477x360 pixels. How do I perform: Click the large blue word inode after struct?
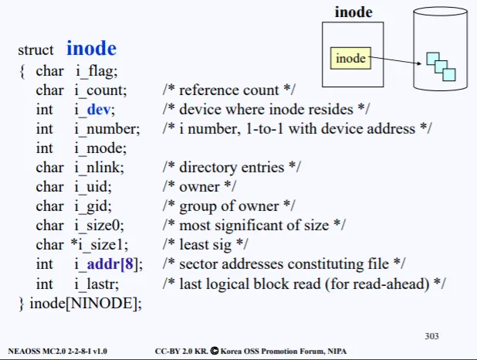pyautogui.click(x=91, y=48)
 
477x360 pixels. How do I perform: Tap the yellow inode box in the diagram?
pyautogui.click(x=350, y=58)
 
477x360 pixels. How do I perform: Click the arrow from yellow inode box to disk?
pyautogui.click(x=395, y=60)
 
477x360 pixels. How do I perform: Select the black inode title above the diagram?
pyautogui.click(x=354, y=12)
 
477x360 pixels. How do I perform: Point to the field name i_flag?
pyautogui.click(x=96, y=71)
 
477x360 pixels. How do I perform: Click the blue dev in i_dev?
pyautogui.click(x=98, y=110)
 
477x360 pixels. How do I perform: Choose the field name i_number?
pyautogui.click(x=107, y=129)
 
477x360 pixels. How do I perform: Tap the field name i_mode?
pyautogui.click(x=100, y=148)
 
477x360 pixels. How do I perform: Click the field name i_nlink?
pyautogui.click(x=99, y=168)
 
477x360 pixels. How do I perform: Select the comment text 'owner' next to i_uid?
pyautogui.click(x=199, y=187)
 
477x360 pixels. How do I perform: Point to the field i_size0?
pyautogui.click(x=99, y=226)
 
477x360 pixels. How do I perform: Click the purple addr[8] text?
pyautogui.click(x=110, y=264)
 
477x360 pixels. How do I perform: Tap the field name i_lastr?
pyautogui.click(x=96, y=284)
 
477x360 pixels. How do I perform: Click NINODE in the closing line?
pyautogui.click(x=101, y=304)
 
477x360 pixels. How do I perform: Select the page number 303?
pyautogui.click(x=431, y=336)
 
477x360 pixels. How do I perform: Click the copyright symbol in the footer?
pyautogui.click(x=215, y=351)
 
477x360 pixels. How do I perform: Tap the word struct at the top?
pyautogui.click(x=36, y=50)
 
